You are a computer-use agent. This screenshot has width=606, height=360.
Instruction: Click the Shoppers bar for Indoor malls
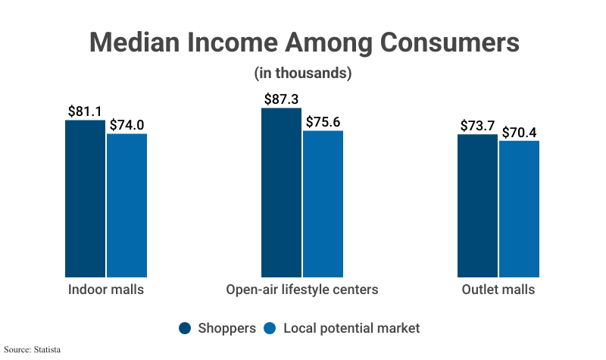pos(85,199)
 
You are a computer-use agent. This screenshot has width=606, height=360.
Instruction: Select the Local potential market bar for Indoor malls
pos(127,205)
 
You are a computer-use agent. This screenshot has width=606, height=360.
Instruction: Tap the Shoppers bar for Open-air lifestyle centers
pos(281,193)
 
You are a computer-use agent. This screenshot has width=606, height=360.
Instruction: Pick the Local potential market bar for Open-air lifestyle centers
pos(323,204)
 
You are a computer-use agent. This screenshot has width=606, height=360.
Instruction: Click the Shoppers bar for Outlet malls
pos(477,206)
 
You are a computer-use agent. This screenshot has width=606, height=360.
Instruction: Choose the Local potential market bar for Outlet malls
pos(519,209)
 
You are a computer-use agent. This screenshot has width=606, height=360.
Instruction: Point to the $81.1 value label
pos(85,111)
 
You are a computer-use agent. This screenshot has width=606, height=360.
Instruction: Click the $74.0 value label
pos(127,125)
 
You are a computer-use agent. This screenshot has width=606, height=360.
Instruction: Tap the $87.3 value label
pos(282,99)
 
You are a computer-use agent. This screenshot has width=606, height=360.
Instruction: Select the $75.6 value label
pos(323,122)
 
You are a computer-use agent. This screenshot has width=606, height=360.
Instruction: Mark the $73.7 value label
pos(478,126)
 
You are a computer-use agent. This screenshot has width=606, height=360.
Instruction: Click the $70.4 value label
pos(520,132)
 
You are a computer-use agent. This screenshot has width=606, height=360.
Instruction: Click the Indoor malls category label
pos(105,290)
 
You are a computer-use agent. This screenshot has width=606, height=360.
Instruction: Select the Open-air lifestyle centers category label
pos(301,290)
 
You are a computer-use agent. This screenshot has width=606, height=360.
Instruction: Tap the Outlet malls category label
pos(498,290)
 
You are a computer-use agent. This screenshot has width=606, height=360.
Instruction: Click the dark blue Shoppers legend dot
pos(185,328)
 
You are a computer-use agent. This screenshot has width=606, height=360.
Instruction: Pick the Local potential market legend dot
pos(270,328)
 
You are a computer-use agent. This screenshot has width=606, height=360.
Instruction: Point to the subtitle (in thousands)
pos(302,74)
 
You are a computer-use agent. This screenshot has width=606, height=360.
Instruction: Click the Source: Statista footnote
pos(32,349)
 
